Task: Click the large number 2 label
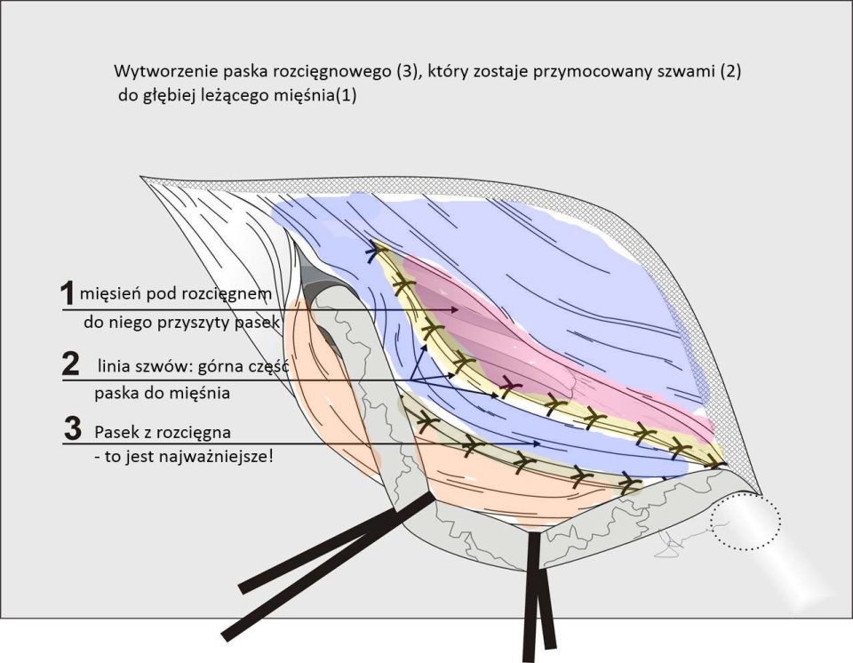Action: [x=69, y=363]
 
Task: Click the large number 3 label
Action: [x=73, y=429]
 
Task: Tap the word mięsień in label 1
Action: [x=108, y=293]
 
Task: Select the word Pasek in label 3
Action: [x=116, y=433]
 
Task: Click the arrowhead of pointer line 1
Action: [x=455, y=309]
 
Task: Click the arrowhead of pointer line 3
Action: [x=537, y=443]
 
